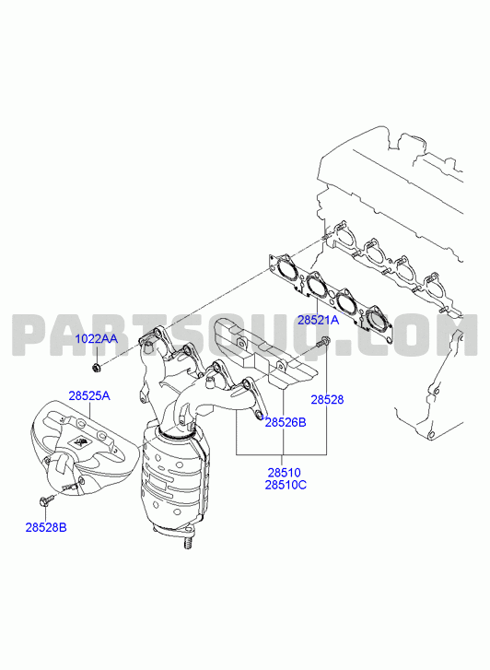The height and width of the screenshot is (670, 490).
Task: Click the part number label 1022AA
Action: pyautogui.click(x=96, y=339)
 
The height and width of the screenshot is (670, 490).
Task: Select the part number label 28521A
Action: pyautogui.click(x=319, y=320)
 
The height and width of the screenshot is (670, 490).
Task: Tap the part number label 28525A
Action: pyautogui.click(x=89, y=395)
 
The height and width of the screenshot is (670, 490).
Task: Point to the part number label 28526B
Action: pyautogui.click(x=286, y=423)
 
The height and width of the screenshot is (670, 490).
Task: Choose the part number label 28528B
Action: pyautogui.click(x=46, y=527)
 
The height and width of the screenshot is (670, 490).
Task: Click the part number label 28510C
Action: pyautogui.click(x=286, y=485)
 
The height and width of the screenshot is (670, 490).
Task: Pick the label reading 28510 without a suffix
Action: pyautogui.click(x=284, y=473)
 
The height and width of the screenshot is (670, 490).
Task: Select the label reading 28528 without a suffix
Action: pyautogui.click(x=327, y=400)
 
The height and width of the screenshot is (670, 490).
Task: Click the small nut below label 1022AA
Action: pyautogui.click(x=96, y=367)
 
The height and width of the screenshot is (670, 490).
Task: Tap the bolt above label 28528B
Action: pyautogui.click(x=46, y=500)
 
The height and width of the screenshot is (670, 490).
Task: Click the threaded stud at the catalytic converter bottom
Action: pyautogui.click(x=187, y=543)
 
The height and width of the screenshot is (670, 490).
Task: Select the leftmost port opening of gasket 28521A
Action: pyautogui.click(x=286, y=270)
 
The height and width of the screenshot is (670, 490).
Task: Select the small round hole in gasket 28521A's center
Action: pyautogui.click(x=332, y=294)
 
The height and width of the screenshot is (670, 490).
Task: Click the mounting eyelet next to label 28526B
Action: pyautogui.click(x=260, y=415)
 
